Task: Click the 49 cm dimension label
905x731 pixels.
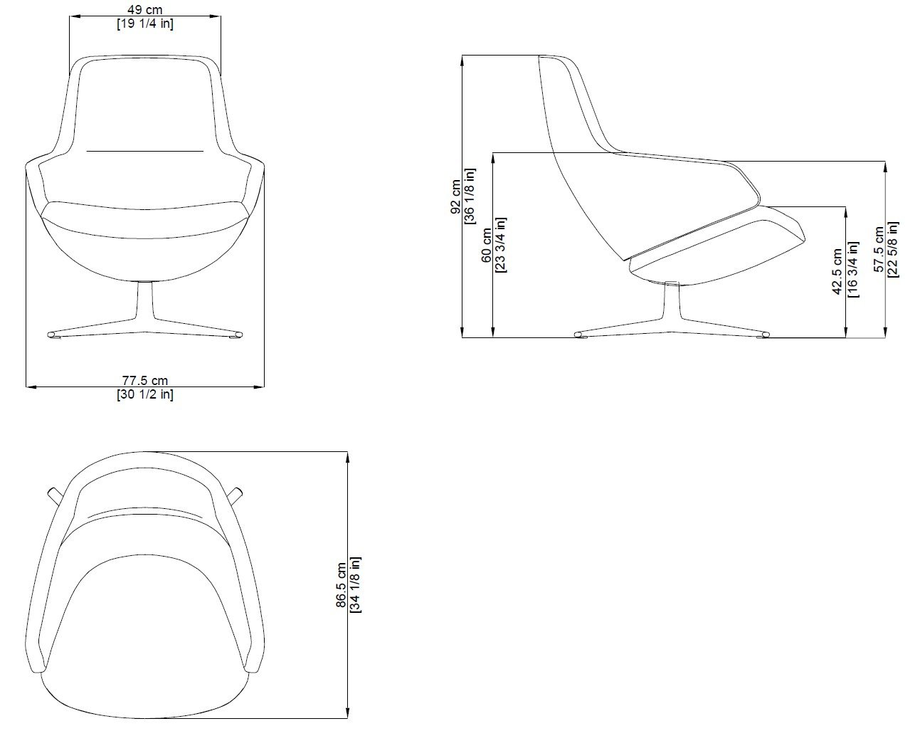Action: click(144, 10)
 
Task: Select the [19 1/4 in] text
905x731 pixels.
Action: click(144, 23)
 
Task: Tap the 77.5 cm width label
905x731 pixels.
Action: click(144, 382)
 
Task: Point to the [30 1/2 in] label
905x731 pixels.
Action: click(144, 395)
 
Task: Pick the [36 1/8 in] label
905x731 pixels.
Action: click(470, 196)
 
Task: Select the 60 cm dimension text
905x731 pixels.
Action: click(487, 246)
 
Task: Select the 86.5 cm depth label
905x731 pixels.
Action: click(342, 585)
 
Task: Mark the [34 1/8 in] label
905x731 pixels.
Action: click(356, 585)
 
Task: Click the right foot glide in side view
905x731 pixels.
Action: click(765, 335)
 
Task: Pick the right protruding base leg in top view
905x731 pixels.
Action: click(236, 495)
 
